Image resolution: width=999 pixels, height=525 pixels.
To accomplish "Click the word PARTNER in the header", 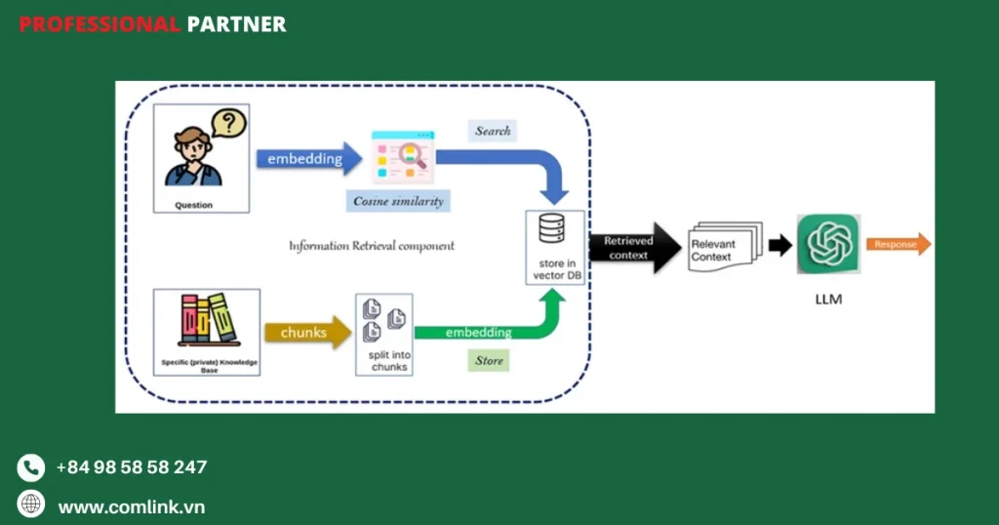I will tap(237, 24).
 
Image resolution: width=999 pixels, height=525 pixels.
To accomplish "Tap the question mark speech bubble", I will tap(228, 123).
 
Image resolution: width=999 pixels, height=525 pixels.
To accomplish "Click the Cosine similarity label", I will tap(398, 201).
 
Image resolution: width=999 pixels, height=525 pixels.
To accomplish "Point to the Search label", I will tap(493, 131).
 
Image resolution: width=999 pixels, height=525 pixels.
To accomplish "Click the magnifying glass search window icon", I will tap(401, 157).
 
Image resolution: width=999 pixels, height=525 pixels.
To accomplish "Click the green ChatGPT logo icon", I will tap(828, 244).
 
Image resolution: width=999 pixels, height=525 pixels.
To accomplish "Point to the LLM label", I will tap(827, 300).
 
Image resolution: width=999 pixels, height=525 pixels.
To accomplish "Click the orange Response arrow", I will tap(899, 244).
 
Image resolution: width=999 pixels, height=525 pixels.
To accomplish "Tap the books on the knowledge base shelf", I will tap(207, 318).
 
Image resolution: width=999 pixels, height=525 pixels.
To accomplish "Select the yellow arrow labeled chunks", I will tap(306, 333).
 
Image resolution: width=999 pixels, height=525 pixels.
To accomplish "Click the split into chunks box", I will tap(384, 334).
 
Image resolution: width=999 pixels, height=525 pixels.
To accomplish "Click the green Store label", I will tap(489, 361).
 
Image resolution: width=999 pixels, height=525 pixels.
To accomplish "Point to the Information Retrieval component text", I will tap(371, 246).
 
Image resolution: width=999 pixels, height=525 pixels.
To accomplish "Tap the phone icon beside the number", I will tap(31, 467).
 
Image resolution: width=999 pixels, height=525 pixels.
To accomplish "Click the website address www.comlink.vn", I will tap(131, 506).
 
